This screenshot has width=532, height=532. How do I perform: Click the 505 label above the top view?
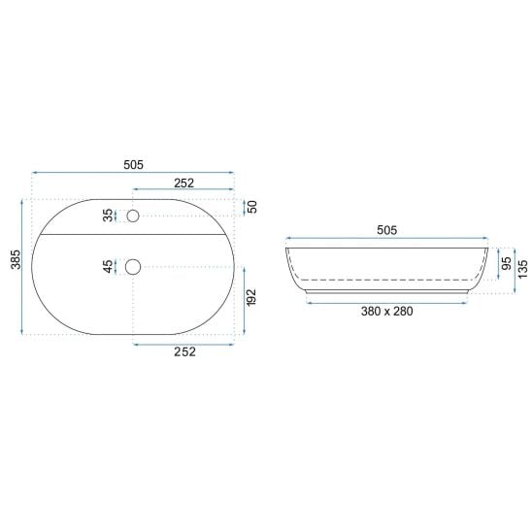(133, 165)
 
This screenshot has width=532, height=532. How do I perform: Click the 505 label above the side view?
(386, 230)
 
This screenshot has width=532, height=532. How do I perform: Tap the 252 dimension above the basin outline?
(183, 183)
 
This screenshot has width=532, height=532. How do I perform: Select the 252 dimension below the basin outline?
(184, 351)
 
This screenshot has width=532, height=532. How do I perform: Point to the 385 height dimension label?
(16, 259)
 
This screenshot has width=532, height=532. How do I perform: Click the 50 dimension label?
(252, 207)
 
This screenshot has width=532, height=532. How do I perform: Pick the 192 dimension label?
(251, 298)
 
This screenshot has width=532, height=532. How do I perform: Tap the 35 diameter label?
(108, 216)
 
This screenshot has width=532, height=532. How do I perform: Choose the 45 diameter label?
(108, 267)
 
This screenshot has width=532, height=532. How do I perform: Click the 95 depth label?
(506, 264)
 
